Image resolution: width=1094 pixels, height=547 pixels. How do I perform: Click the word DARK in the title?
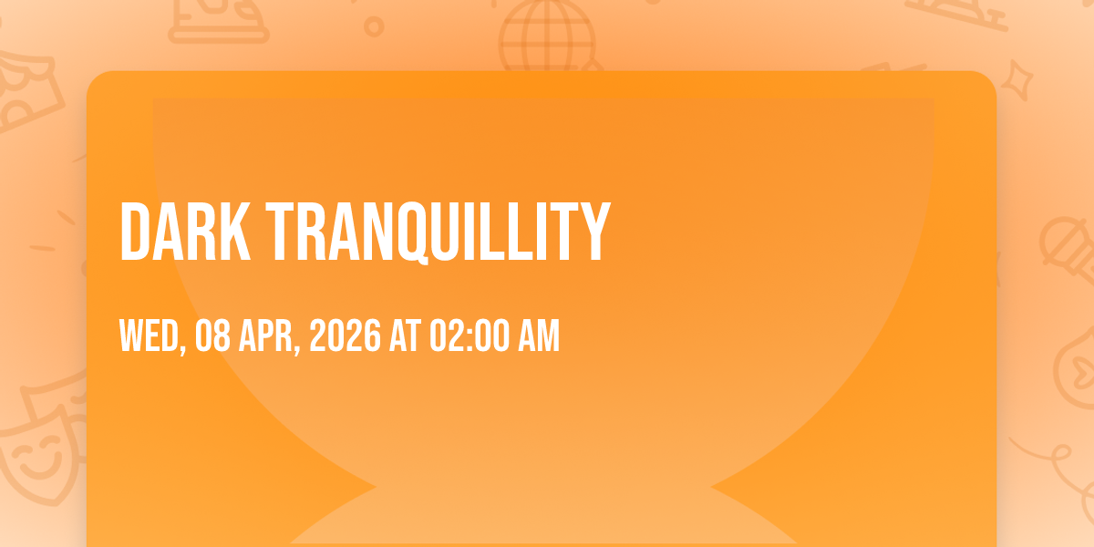pos(185,232)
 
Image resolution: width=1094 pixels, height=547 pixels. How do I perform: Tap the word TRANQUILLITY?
pos(439,232)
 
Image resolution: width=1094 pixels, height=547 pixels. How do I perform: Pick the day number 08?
pos(212,335)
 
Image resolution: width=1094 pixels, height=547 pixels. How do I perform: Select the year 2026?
pos(345,335)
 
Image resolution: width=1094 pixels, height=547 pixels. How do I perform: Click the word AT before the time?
pos(405,335)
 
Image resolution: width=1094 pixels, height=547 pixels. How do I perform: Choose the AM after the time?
pos(539,335)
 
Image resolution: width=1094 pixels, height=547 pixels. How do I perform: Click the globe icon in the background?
pos(548,35)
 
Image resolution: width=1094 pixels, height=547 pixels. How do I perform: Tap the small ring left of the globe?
pos(374,26)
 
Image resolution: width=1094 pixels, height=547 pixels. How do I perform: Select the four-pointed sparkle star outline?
pos(1017,79)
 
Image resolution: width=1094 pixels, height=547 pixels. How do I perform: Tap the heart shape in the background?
pos(1082,372)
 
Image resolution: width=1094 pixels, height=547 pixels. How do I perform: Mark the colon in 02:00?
pos(470,338)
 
